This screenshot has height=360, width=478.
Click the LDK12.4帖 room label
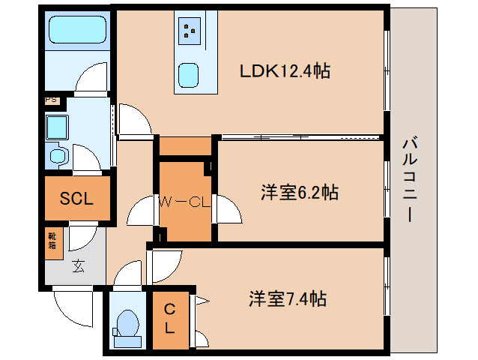(285, 71)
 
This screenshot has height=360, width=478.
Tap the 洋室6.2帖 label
(299, 193)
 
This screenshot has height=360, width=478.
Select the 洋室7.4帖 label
(287, 298)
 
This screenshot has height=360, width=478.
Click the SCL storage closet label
(76, 199)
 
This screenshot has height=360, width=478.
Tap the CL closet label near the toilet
(170, 319)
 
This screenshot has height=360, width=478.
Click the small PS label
(51, 99)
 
